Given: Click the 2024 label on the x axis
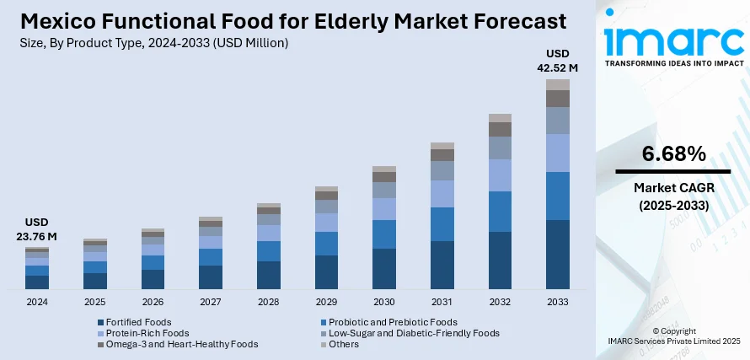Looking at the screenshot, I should click(x=37, y=302).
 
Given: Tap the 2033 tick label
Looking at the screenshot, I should click(x=558, y=302).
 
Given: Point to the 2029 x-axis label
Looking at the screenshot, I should click(x=326, y=302).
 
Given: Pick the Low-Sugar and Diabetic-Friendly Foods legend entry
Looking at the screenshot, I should click(x=415, y=333).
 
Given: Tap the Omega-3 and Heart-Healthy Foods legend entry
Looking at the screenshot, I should click(x=176, y=344).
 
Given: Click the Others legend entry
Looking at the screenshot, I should click(x=343, y=344).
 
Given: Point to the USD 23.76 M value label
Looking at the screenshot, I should click(x=37, y=230).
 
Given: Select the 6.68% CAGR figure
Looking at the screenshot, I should click(x=673, y=154).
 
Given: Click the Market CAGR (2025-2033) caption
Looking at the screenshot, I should click(x=673, y=196).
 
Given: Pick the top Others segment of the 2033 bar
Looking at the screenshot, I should click(x=558, y=84).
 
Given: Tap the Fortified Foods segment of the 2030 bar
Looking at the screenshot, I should click(x=384, y=269).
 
